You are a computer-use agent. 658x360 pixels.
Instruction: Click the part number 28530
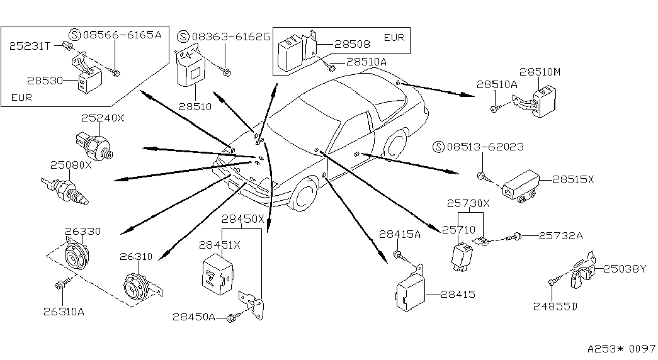[45, 80]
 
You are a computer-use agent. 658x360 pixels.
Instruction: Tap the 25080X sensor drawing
[66, 189]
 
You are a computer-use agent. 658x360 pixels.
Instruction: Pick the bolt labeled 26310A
[60, 286]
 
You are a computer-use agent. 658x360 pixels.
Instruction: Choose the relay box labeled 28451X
[218, 273]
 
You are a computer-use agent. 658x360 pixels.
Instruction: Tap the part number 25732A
[560, 236]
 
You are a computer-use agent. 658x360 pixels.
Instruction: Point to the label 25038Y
[625, 269]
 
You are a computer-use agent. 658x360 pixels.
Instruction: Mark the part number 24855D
[555, 307]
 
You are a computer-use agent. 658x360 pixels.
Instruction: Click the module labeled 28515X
[521, 186]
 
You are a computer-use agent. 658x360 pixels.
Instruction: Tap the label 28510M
[540, 72]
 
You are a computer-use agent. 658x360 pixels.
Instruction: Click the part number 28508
[353, 43]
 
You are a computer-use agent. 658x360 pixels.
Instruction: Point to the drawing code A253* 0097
[621, 349]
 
